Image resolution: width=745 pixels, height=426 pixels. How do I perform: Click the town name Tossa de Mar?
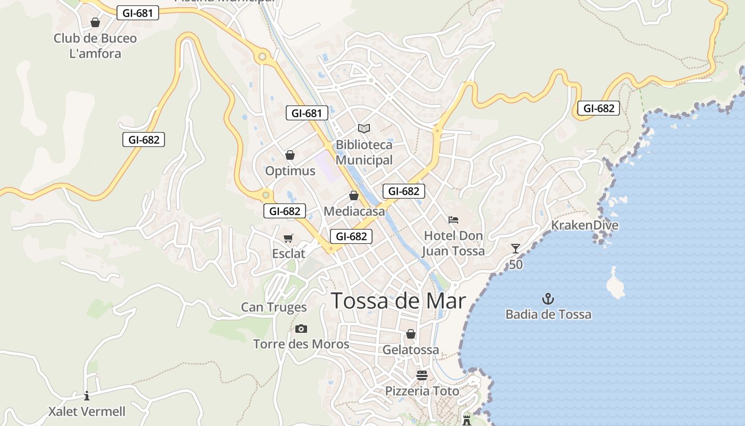point(398,301)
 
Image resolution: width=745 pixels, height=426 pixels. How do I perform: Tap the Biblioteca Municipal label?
point(364,152)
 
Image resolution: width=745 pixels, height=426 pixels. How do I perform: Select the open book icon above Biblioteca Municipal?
point(364,128)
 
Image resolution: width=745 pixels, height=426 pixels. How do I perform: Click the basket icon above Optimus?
point(290,155)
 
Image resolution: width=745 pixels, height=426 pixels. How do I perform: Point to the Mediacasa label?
point(354,211)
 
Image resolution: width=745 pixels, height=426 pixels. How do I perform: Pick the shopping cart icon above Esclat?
point(288,238)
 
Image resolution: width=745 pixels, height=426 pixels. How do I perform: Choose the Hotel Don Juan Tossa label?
point(453,243)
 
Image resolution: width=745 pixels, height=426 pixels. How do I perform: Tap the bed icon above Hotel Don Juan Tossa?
point(453,219)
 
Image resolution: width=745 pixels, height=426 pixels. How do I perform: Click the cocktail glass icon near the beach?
point(515,248)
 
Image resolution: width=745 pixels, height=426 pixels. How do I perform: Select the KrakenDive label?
point(584,225)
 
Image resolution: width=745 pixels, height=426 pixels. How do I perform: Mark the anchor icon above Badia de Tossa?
point(548,299)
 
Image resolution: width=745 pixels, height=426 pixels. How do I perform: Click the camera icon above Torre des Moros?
point(301,329)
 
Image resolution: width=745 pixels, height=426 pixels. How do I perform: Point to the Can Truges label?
point(274,307)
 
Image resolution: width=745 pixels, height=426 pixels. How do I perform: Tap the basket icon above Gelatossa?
point(411,334)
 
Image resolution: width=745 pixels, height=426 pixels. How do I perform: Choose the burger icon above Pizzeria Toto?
point(422,375)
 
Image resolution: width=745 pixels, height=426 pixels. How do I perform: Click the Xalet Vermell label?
point(87,412)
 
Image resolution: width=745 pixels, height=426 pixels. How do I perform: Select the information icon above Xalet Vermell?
point(87,396)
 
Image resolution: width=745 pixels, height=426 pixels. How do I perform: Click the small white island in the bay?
point(616,284)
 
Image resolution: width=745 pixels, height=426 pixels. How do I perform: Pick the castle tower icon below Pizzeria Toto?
point(467,420)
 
